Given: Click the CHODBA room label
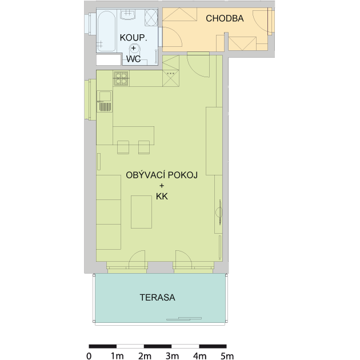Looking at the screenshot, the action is click(x=225, y=18).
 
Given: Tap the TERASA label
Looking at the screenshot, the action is click(x=158, y=298).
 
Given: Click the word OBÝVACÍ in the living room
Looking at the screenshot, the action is click(x=146, y=175).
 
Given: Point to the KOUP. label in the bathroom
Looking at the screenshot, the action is click(x=133, y=38).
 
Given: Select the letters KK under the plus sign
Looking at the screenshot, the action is click(x=162, y=197).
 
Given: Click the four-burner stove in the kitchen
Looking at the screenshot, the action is click(x=121, y=78).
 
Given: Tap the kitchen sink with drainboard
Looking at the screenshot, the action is click(x=105, y=101).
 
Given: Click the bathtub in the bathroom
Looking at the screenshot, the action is click(x=106, y=31).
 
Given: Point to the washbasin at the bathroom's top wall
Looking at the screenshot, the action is click(x=129, y=15).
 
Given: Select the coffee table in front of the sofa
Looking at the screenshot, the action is click(x=141, y=212).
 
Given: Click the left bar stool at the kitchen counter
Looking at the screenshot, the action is click(x=123, y=147).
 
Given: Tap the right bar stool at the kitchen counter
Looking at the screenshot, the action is click(x=144, y=147).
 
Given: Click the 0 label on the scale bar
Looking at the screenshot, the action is click(x=89, y=356).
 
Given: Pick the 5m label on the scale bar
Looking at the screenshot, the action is click(x=227, y=356).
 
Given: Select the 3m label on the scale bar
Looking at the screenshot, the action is click(x=172, y=356).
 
